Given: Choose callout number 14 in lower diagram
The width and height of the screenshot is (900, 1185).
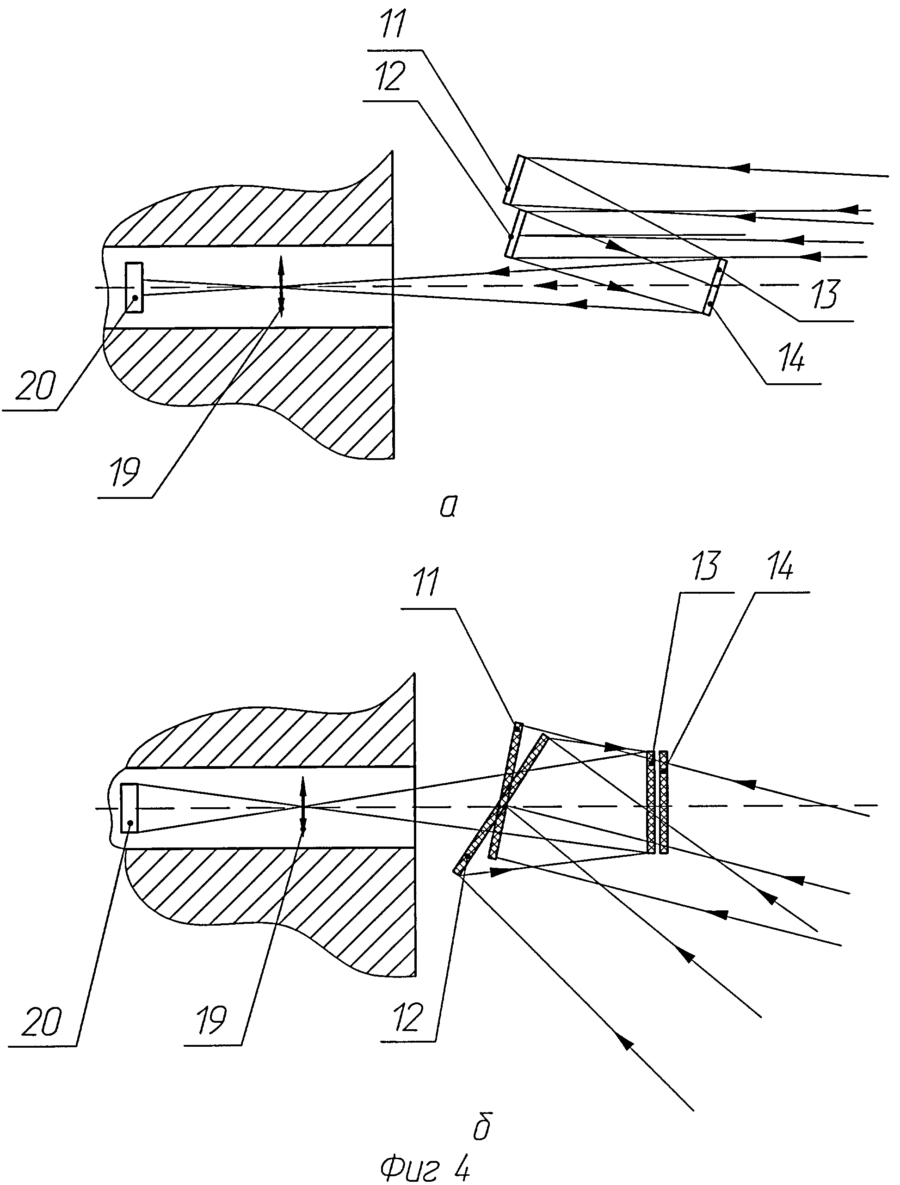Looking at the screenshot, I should pyautogui.click(x=781, y=567).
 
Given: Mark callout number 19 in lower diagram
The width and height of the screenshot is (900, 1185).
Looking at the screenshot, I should pyautogui.click(x=210, y=1019).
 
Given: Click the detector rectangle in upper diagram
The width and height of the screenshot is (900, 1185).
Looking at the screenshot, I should pyautogui.click(x=134, y=287).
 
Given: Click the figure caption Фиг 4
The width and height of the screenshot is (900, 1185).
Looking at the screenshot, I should pyautogui.click(x=425, y=1168).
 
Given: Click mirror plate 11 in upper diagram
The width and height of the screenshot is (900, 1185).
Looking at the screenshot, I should pyautogui.click(x=513, y=179).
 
